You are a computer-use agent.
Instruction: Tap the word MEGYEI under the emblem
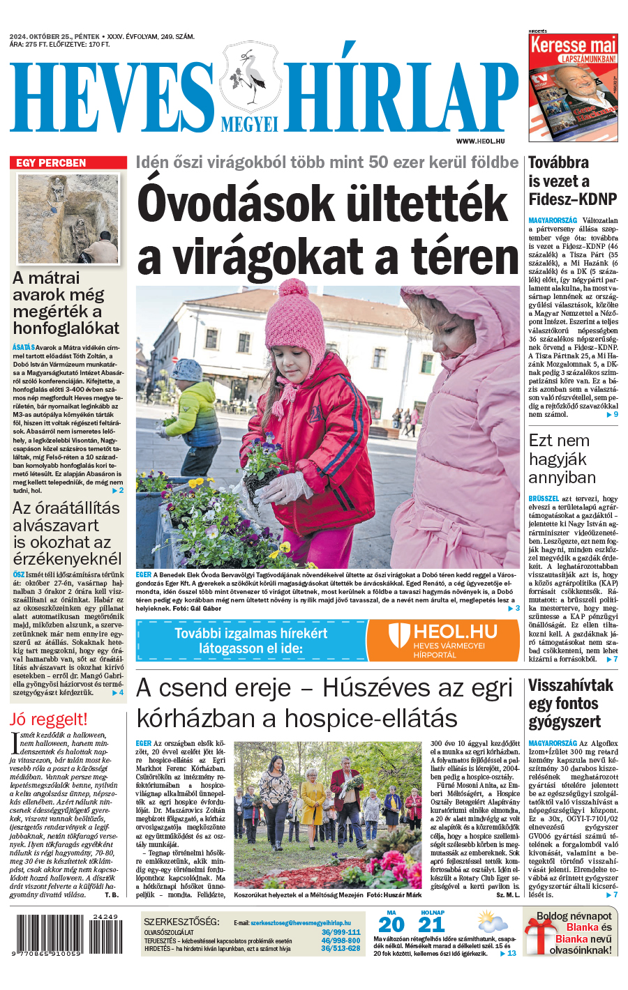(x=249, y=124)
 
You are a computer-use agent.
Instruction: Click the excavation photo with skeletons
(x=68, y=219)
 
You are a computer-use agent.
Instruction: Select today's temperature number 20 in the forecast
(x=391, y=925)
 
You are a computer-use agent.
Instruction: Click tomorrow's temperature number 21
(x=432, y=925)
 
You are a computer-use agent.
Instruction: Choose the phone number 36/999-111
(x=341, y=932)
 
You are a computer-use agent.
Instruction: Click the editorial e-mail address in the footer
(x=301, y=922)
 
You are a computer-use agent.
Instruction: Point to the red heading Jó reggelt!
(x=49, y=719)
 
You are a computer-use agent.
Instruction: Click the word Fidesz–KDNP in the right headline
(x=572, y=199)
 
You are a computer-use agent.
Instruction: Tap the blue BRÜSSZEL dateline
(x=544, y=499)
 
